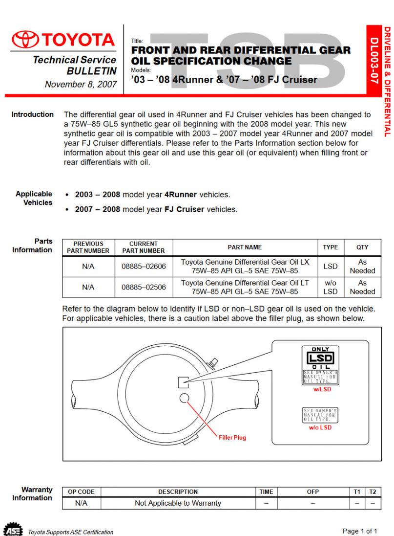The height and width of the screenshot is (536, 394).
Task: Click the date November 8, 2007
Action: [81, 84]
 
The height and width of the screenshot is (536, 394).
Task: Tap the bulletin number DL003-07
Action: [374, 60]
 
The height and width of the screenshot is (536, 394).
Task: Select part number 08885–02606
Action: [144, 267]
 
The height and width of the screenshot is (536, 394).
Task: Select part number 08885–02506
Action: [144, 287]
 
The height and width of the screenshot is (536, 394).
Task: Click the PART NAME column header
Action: [245, 247]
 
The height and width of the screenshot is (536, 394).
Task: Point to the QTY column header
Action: [362, 247]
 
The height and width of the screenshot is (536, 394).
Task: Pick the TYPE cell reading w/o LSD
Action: [330, 287]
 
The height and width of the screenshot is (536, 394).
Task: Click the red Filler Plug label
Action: [232, 438]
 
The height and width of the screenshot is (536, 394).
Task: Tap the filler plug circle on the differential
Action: [184, 398]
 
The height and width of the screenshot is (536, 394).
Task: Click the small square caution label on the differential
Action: [184, 382]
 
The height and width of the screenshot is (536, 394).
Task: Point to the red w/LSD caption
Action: [322, 389]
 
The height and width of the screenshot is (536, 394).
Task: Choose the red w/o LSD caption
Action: [320, 427]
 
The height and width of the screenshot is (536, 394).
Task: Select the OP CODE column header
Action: [81, 492]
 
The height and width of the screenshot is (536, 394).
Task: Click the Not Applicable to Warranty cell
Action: [178, 503]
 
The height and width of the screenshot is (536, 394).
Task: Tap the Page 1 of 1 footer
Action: [360, 531]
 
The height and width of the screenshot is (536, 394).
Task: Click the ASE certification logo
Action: [13, 529]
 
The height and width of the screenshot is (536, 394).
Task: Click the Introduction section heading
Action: [32, 114]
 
